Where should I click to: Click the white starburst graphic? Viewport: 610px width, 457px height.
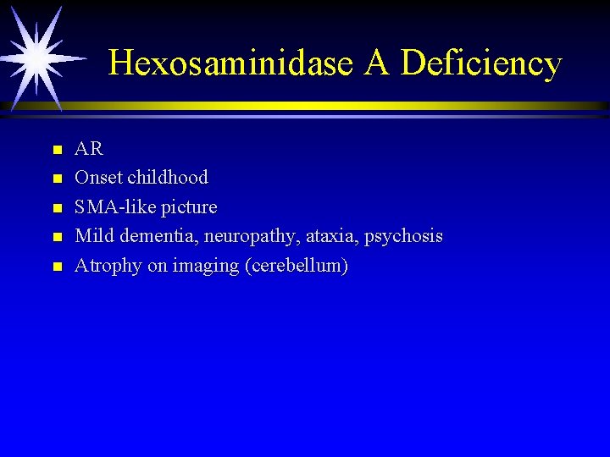click(36, 56)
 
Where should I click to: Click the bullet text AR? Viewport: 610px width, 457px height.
click(89, 149)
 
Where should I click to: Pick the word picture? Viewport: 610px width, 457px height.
click(189, 207)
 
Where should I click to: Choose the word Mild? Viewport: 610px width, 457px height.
click(93, 236)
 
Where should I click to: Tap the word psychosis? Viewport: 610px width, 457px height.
click(403, 237)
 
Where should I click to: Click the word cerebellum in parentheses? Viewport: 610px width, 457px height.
click(296, 266)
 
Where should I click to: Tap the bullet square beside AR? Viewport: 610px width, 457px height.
click(57, 151)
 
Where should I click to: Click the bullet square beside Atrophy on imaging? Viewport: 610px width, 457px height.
click(57, 267)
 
